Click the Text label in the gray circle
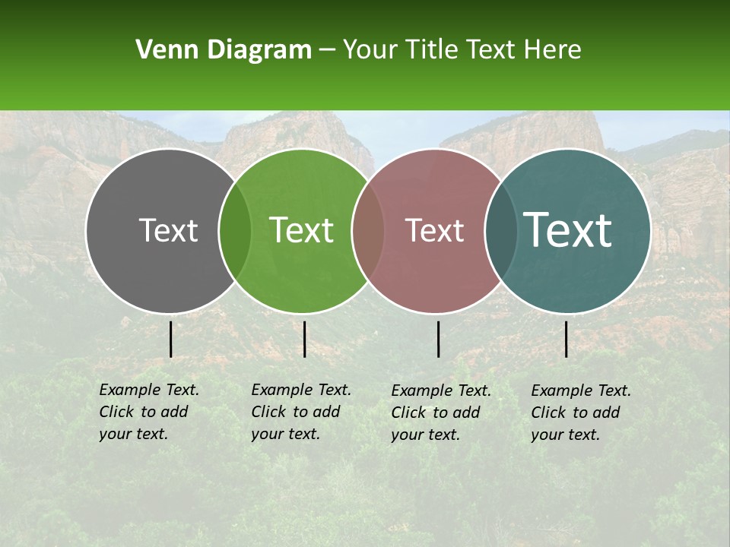(168, 230)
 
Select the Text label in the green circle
(302, 230)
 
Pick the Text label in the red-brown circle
(435, 230)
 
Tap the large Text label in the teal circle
(568, 230)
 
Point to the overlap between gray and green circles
(235, 231)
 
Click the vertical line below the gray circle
(171, 339)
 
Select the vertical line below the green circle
(304, 339)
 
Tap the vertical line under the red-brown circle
(439, 339)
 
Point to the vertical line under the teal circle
(567, 339)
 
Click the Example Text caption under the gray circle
(149, 412)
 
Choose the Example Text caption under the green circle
(301, 412)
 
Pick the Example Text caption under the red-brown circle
(441, 413)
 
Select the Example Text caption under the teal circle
(581, 413)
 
